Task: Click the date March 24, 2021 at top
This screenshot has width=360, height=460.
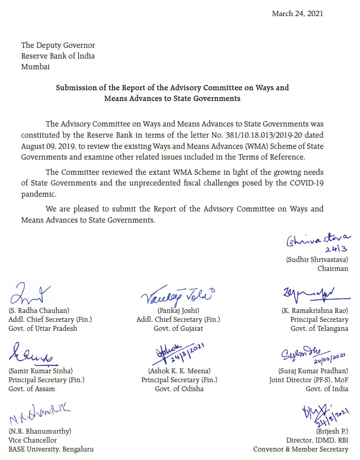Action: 297,13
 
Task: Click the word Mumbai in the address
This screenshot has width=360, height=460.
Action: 35,67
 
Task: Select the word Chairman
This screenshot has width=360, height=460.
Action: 333,268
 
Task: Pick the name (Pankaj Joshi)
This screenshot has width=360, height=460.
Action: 178,310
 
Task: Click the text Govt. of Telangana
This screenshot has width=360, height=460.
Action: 319,328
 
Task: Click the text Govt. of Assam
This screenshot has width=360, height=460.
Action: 32,388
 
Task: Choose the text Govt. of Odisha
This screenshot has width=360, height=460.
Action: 179,388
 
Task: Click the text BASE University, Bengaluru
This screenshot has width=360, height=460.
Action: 51,449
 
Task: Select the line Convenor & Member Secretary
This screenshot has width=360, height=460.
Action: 301,449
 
